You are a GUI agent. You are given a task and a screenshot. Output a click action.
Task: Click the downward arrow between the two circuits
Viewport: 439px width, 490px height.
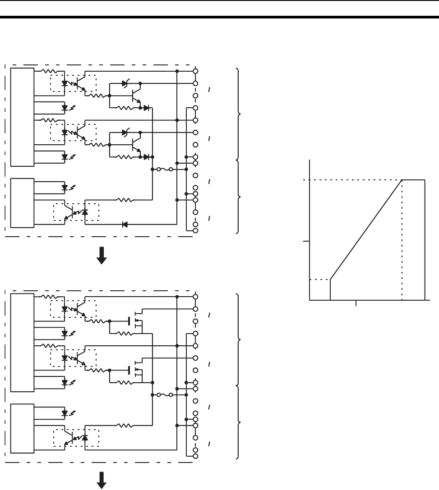pos(102,256)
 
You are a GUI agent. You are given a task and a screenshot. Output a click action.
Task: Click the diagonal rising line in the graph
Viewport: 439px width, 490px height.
pos(366,229)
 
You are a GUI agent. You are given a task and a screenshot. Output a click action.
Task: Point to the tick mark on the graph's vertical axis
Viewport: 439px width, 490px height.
pos(306,242)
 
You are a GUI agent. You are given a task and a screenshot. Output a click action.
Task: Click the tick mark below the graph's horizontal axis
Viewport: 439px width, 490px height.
pos(356,303)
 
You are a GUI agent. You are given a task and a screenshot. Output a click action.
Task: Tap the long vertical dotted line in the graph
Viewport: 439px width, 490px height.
pos(402,239)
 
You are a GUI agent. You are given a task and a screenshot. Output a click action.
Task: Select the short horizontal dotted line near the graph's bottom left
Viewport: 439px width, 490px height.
pos(319,280)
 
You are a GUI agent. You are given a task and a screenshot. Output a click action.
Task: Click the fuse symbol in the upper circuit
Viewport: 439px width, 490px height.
pos(164,169)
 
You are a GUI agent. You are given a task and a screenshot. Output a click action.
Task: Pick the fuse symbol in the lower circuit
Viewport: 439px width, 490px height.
pos(164,395)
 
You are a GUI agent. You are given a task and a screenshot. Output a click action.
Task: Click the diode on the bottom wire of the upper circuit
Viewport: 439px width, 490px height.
pos(125,224)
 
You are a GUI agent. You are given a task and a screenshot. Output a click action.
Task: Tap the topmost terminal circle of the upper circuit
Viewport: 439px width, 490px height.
pos(195,71)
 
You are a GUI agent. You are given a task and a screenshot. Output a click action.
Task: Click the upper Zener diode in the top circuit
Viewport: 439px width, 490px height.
pos(125,84)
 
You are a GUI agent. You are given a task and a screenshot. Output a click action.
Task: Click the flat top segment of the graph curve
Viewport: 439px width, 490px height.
pos(413,179)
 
